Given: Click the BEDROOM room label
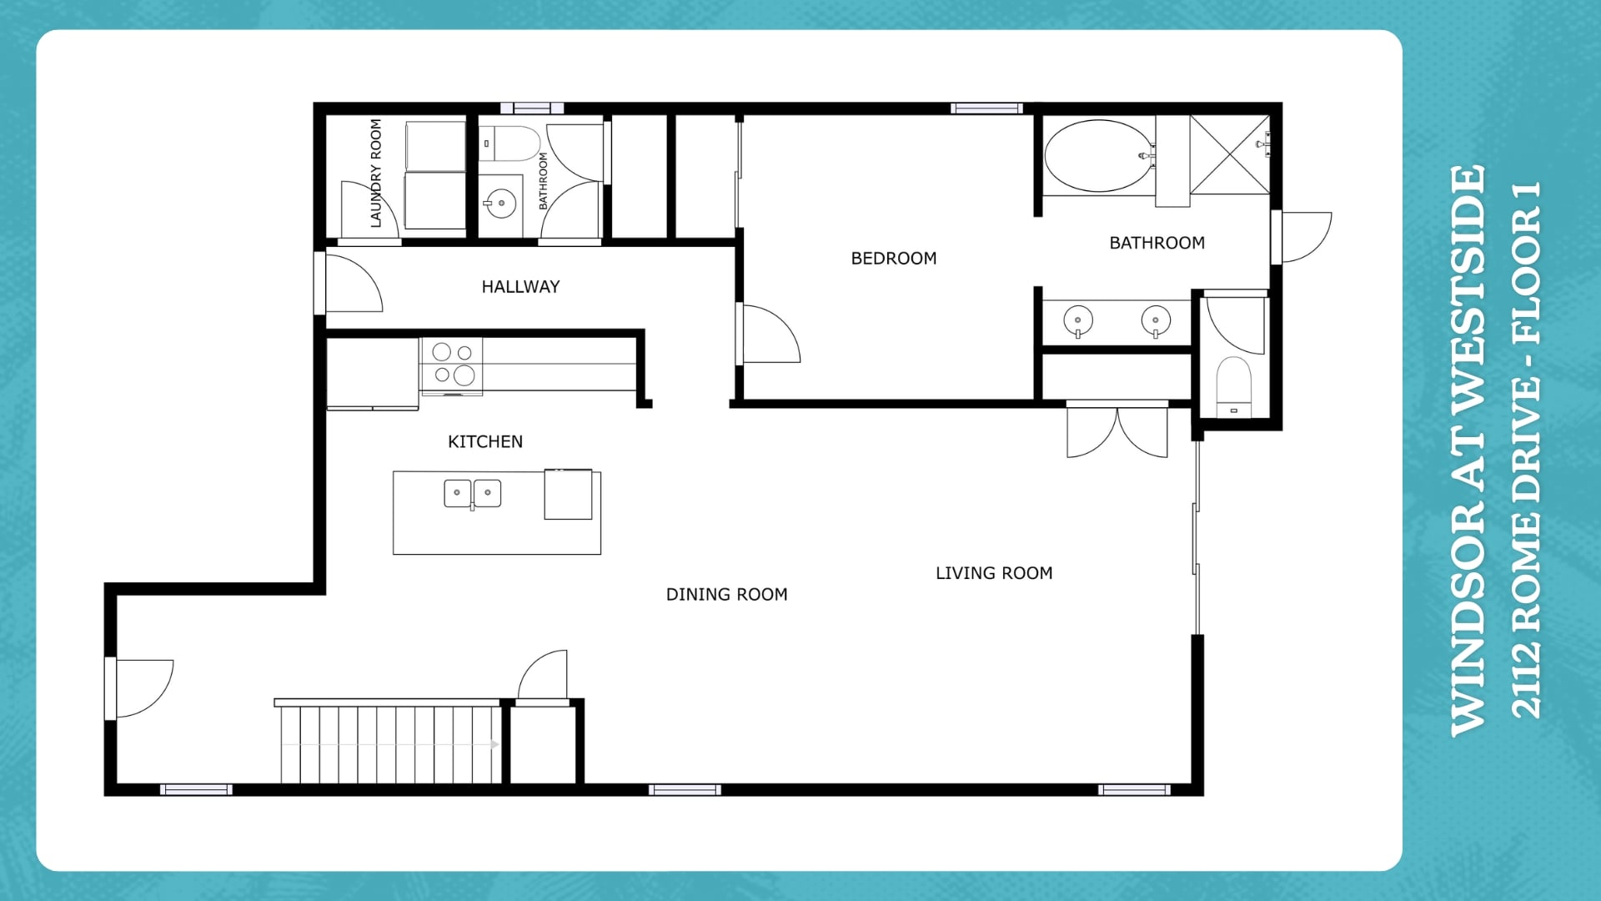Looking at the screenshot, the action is pyautogui.click(x=893, y=259).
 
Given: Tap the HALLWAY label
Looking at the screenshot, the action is pyautogui.click(x=520, y=287).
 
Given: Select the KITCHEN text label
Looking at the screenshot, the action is pyautogui.click(x=485, y=442).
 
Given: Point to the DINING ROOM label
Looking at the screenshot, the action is pyautogui.click(x=726, y=595).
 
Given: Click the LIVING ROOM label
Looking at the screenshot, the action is pyautogui.click(x=994, y=573).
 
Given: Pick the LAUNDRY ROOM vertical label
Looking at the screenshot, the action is pyautogui.click(x=376, y=173).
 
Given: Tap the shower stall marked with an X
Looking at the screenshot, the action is pyautogui.click(x=1229, y=155).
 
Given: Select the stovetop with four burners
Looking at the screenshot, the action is pyautogui.click(x=452, y=365).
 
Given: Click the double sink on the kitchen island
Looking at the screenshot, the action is pyautogui.click(x=472, y=494).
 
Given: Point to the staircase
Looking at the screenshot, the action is pyautogui.click(x=390, y=742).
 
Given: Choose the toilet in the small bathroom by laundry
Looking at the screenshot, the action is pyautogui.click(x=509, y=143).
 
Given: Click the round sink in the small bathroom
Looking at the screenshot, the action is pyautogui.click(x=500, y=204).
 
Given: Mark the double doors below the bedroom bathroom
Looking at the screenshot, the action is pyautogui.click(x=1117, y=430).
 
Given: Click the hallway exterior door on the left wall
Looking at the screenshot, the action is pyautogui.click(x=351, y=283).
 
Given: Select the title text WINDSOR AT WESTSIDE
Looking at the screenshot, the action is pyautogui.click(x=1468, y=450).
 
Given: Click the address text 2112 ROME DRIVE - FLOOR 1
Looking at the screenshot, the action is pyautogui.click(x=1527, y=450).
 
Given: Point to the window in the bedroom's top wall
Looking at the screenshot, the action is pyautogui.click(x=986, y=108).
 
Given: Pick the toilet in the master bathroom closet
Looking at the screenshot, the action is pyautogui.click(x=1234, y=385).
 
